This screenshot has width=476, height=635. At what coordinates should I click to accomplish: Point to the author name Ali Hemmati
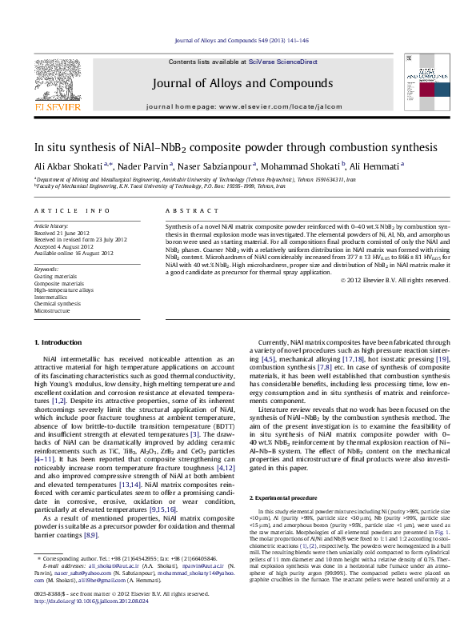(376, 167)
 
